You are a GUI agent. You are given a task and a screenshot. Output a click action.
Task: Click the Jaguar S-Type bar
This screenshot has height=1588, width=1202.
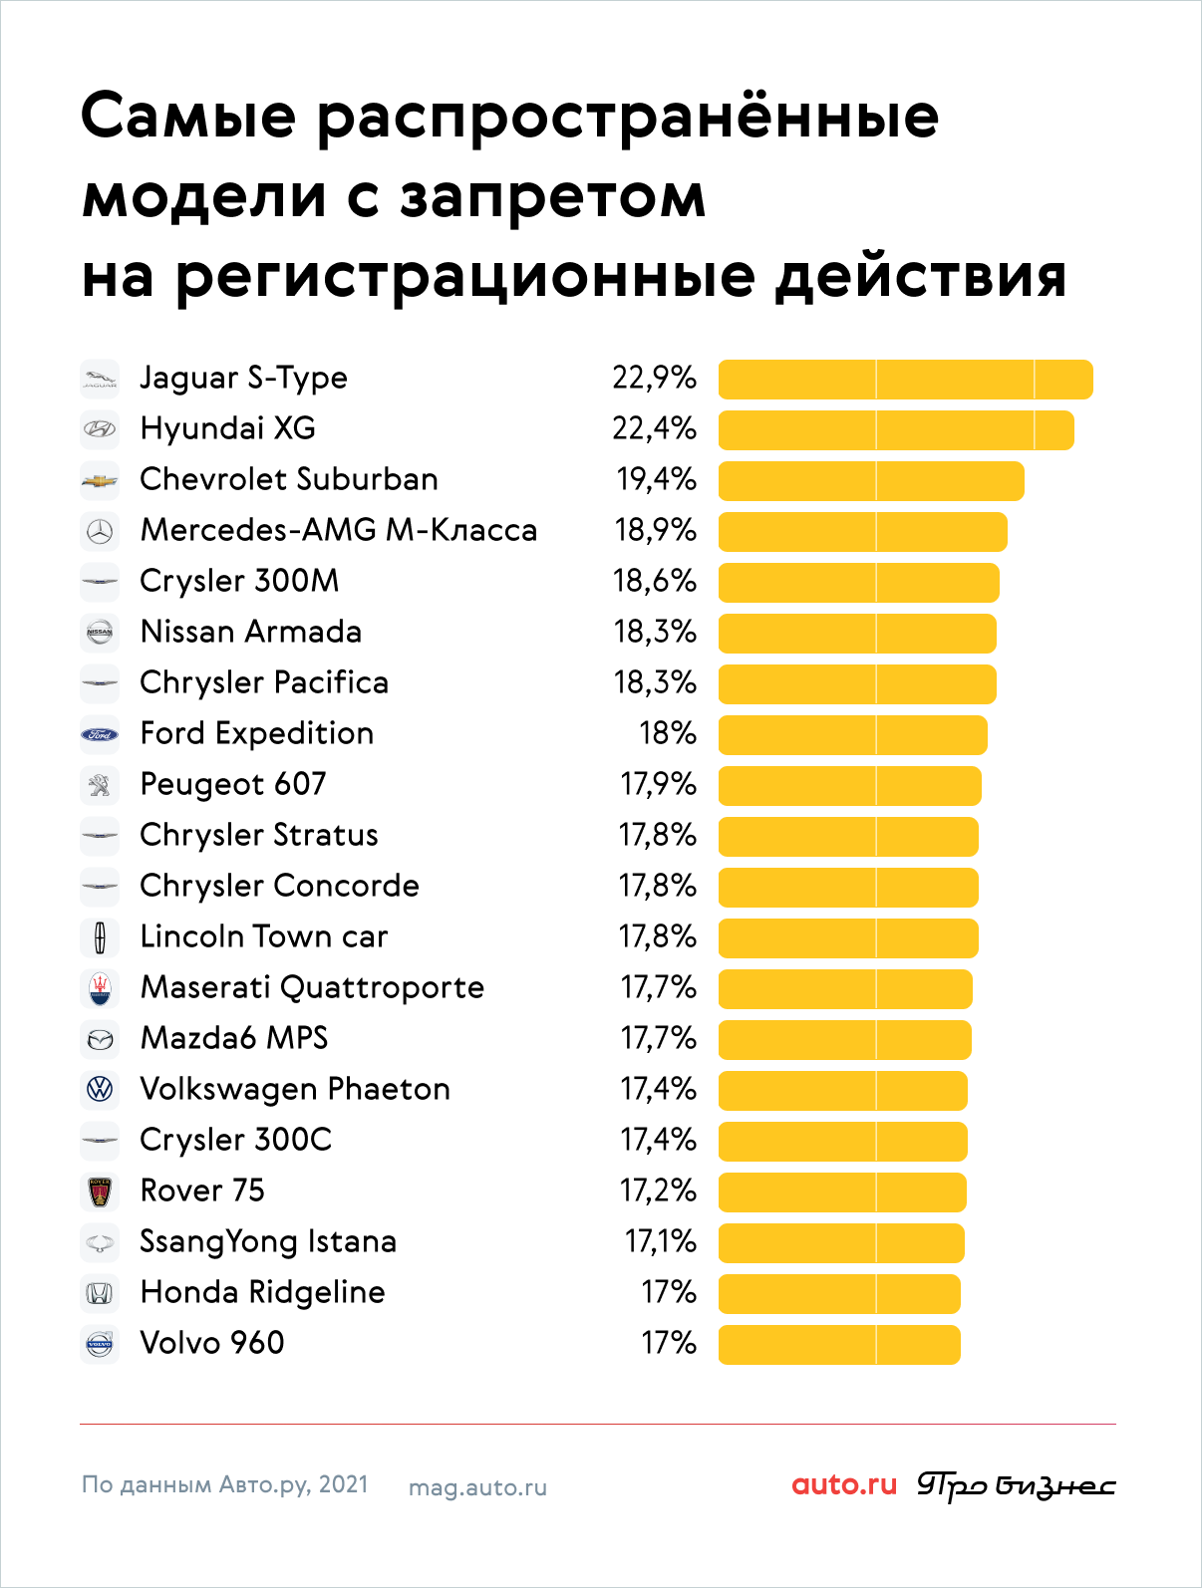pyautogui.click(x=905, y=380)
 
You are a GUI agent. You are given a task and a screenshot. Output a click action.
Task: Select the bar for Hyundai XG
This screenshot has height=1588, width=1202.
pyautogui.click(x=896, y=430)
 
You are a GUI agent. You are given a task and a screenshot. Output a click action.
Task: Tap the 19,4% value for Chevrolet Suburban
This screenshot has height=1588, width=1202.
pyautogui.click(x=657, y=479)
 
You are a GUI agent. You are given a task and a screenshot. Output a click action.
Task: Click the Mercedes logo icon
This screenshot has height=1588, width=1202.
pyautogui.click(x=100, y=532)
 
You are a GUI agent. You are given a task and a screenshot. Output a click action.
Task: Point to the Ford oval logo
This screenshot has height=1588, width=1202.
pyautogui.click(x=100, y=735)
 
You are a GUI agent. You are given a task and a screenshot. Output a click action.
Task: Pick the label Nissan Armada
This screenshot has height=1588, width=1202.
pyautogui.click(x=250, y=632)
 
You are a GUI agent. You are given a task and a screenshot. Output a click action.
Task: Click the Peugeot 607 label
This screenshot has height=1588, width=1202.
pyautogui.click(x=233, y=785)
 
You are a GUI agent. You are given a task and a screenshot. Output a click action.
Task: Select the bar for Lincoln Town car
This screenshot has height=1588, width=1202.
pyautogui.click(x=848, y=938)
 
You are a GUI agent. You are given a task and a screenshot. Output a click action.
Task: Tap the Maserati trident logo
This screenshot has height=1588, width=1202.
pyautogui.click(x=100, y=989)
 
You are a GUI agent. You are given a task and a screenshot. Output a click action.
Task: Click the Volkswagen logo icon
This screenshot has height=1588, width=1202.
pyautogui.click(x=100, y=1089)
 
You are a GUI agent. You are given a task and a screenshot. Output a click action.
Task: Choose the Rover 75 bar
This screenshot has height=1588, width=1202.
pyautogui.click(x=842, y=1192)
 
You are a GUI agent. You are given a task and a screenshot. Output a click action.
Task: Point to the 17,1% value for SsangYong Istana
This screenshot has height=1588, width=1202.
pyautogui.click(x=660, y=1241)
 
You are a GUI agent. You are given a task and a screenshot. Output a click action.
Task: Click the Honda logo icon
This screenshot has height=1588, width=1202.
pyautogui.click(x=100, y=1293)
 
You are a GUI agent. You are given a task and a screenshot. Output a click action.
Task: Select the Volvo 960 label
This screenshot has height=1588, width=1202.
pyautogui.click(x=212, y=1343)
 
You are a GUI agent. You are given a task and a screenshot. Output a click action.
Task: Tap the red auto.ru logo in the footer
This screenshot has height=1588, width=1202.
pyautogui.click(x=844, y=1484)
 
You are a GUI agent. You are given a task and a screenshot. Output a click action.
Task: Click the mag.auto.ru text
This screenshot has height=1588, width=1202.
pyautogui.click(x=477, y=1488)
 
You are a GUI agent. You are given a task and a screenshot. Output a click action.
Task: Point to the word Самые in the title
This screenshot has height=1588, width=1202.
pyautogui.click(x=189, y=117)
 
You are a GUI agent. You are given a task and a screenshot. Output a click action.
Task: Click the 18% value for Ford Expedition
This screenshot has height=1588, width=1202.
pyautogui.click(x=667, y=733)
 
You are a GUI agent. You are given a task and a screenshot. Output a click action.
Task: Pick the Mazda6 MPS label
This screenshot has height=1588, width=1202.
pyautogui.click(x=234, y=1038)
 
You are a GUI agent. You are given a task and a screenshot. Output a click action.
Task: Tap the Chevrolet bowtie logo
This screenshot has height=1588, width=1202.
pyautogui.click(x=100, y=481)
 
